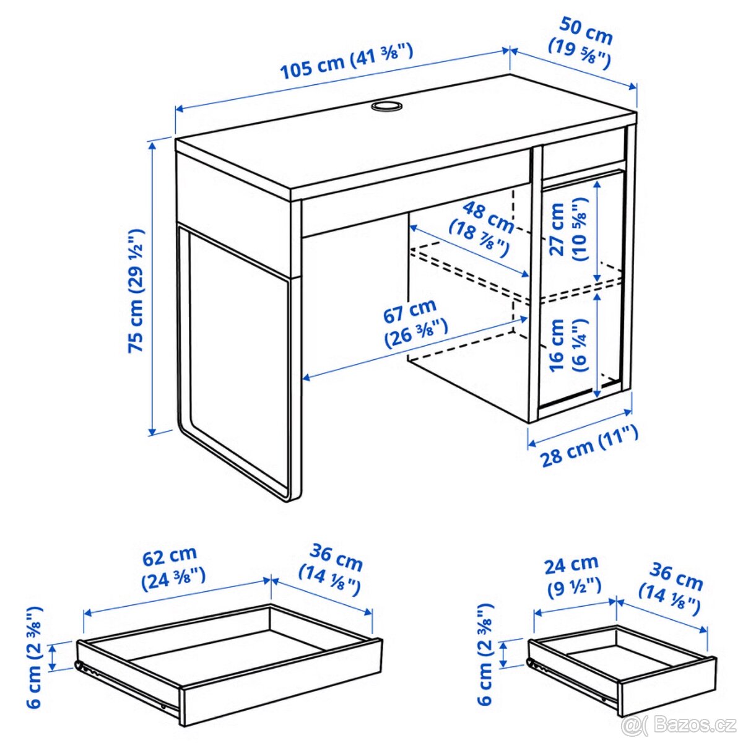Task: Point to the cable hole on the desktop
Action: [387, 106]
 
